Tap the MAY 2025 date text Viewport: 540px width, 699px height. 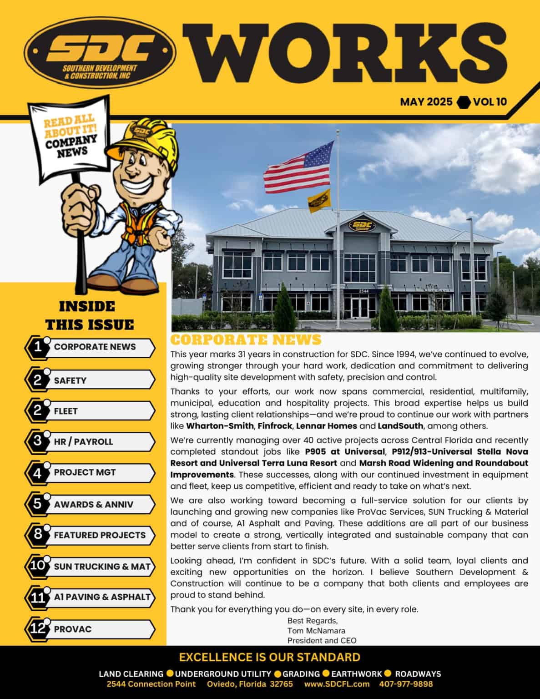(x=426, y=101)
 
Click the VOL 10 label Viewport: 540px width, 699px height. (x=490, y=101)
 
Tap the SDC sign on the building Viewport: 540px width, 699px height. (x=362, y=226)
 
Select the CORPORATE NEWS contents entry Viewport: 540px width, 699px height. (x=95, y=347)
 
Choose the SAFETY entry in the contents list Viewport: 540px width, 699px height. (x=70, y=380)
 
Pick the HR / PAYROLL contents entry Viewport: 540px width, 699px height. (x=83, y=441)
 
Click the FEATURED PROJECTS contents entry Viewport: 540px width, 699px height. (x=100, y=535)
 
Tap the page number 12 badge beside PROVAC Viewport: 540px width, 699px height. (x=37, y=628)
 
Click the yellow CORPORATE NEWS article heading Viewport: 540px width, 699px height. (x=246, y=340)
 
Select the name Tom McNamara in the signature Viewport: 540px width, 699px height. (x=316, y=631)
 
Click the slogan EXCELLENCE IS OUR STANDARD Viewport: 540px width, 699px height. (x=270, y=657)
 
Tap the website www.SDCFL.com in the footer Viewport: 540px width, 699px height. (x=337, y=684)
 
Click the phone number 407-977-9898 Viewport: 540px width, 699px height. (x=406, y=684)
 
